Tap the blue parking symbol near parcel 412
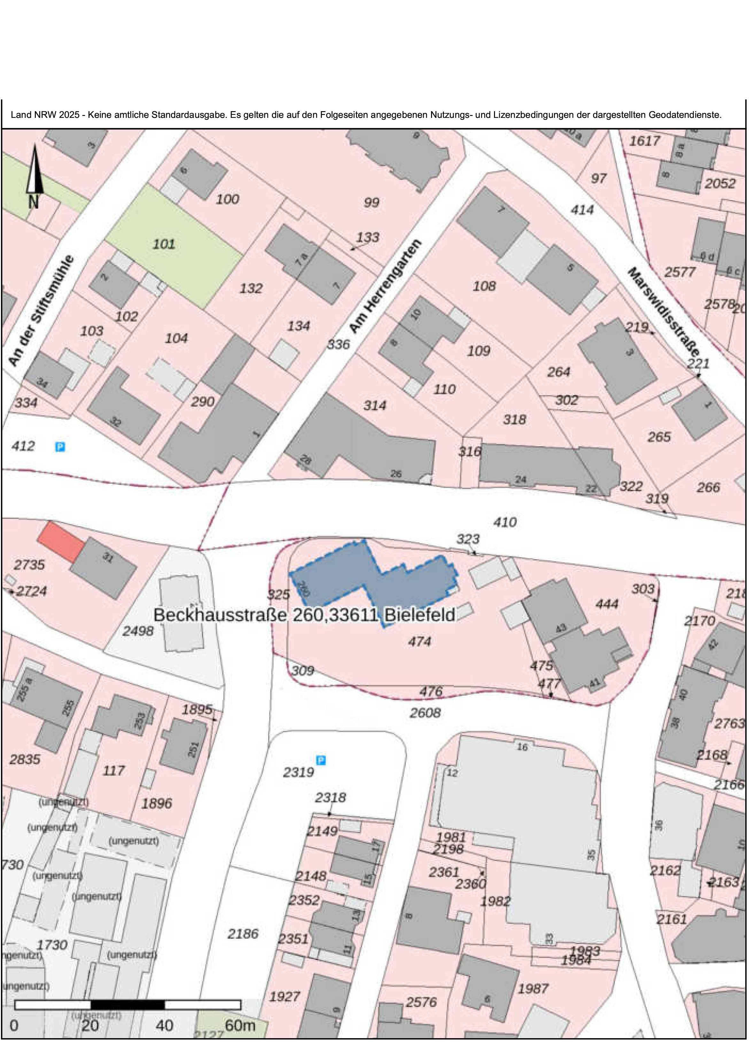pyautogui.click(x=60, y=447)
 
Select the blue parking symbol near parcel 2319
pyautogui.click(x=321, y=760)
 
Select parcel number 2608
pyautogui.click(x=425, y=713)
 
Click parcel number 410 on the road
pyautogui.click(x=505, y=522)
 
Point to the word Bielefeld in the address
pyautogui.click(x=419, y=615)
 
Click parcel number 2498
pyautogui.click(x=137, y=631)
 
